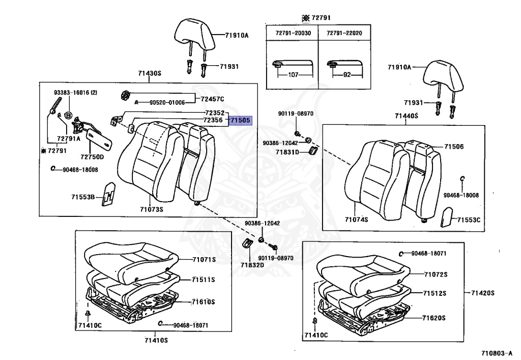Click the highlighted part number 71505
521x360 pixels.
[240, 121]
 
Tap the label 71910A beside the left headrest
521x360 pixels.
[237, 36]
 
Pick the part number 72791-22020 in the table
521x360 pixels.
[343, 33]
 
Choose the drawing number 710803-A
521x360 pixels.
[496, 352]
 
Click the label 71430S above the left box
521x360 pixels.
[150, 73]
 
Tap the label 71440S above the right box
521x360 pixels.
[407, 116]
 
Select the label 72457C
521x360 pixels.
[212, 99]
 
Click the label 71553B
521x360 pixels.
[83, 196]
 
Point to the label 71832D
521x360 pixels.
[252, 265]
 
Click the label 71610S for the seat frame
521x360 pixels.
[204, 302]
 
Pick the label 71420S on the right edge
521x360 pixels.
[483, 293]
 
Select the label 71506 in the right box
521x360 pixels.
[454, 147]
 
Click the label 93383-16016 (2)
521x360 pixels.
[76, 93]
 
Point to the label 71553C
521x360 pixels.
[469, 220]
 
